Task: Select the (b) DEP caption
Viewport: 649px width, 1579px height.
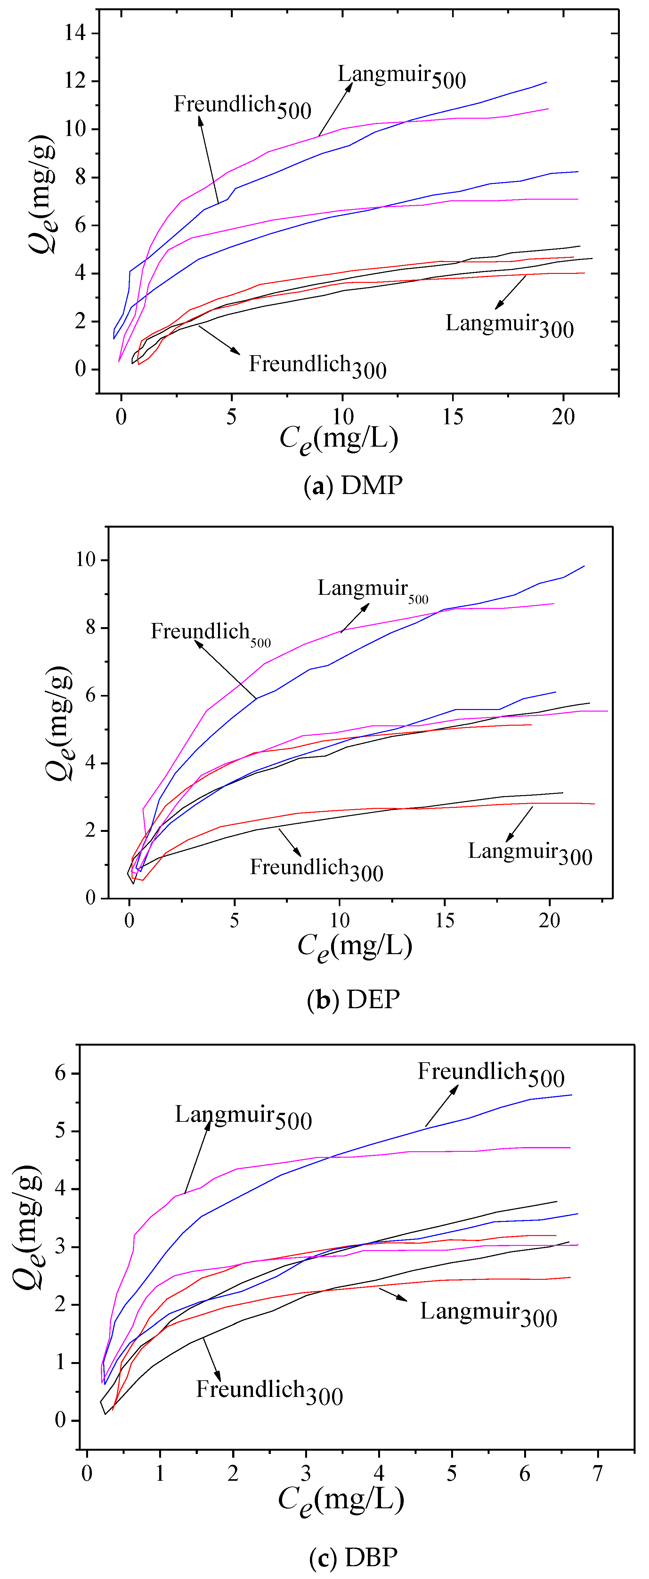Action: (353, 999)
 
